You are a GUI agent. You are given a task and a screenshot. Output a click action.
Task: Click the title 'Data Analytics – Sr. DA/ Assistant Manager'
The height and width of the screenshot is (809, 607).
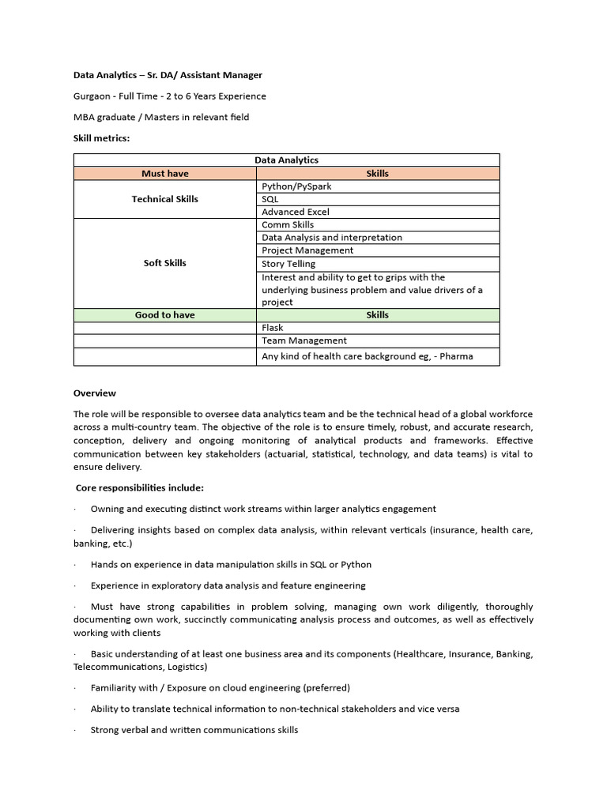168,75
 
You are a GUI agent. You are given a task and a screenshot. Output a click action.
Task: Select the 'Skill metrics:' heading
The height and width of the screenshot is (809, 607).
101,138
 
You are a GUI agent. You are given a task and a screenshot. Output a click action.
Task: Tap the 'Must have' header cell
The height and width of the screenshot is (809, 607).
165,174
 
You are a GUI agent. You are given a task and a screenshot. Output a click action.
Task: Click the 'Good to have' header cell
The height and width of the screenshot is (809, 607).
165,315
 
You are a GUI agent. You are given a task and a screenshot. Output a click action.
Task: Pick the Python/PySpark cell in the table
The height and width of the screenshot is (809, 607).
296,186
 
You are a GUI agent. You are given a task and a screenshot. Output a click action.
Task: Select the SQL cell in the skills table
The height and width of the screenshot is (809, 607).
270,200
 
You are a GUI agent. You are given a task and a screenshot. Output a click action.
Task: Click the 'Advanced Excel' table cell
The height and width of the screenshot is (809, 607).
296,213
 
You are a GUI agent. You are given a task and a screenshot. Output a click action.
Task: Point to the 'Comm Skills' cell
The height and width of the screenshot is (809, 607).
288,225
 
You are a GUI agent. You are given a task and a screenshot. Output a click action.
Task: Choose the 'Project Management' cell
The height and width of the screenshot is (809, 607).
307,250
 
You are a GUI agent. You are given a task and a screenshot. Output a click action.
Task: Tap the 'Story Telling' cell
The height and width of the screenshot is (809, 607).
288,264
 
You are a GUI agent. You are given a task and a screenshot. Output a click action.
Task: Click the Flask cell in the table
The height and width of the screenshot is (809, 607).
273,328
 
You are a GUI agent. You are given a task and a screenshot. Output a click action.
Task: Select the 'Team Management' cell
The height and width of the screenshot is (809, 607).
304,341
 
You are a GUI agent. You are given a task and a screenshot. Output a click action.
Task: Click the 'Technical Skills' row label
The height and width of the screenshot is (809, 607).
165,199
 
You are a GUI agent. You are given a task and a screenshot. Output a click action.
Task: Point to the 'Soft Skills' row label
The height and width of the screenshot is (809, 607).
165,263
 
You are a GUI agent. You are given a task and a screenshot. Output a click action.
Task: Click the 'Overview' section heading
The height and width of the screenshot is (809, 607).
95,393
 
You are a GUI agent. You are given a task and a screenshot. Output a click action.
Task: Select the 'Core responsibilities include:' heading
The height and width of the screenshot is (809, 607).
140,488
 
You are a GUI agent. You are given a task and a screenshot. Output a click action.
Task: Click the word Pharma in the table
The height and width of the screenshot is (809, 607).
457,356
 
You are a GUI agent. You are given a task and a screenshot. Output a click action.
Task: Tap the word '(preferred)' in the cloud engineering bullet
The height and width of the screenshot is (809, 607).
323,688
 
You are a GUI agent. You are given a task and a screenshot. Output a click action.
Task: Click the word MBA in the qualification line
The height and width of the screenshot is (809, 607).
85,118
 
